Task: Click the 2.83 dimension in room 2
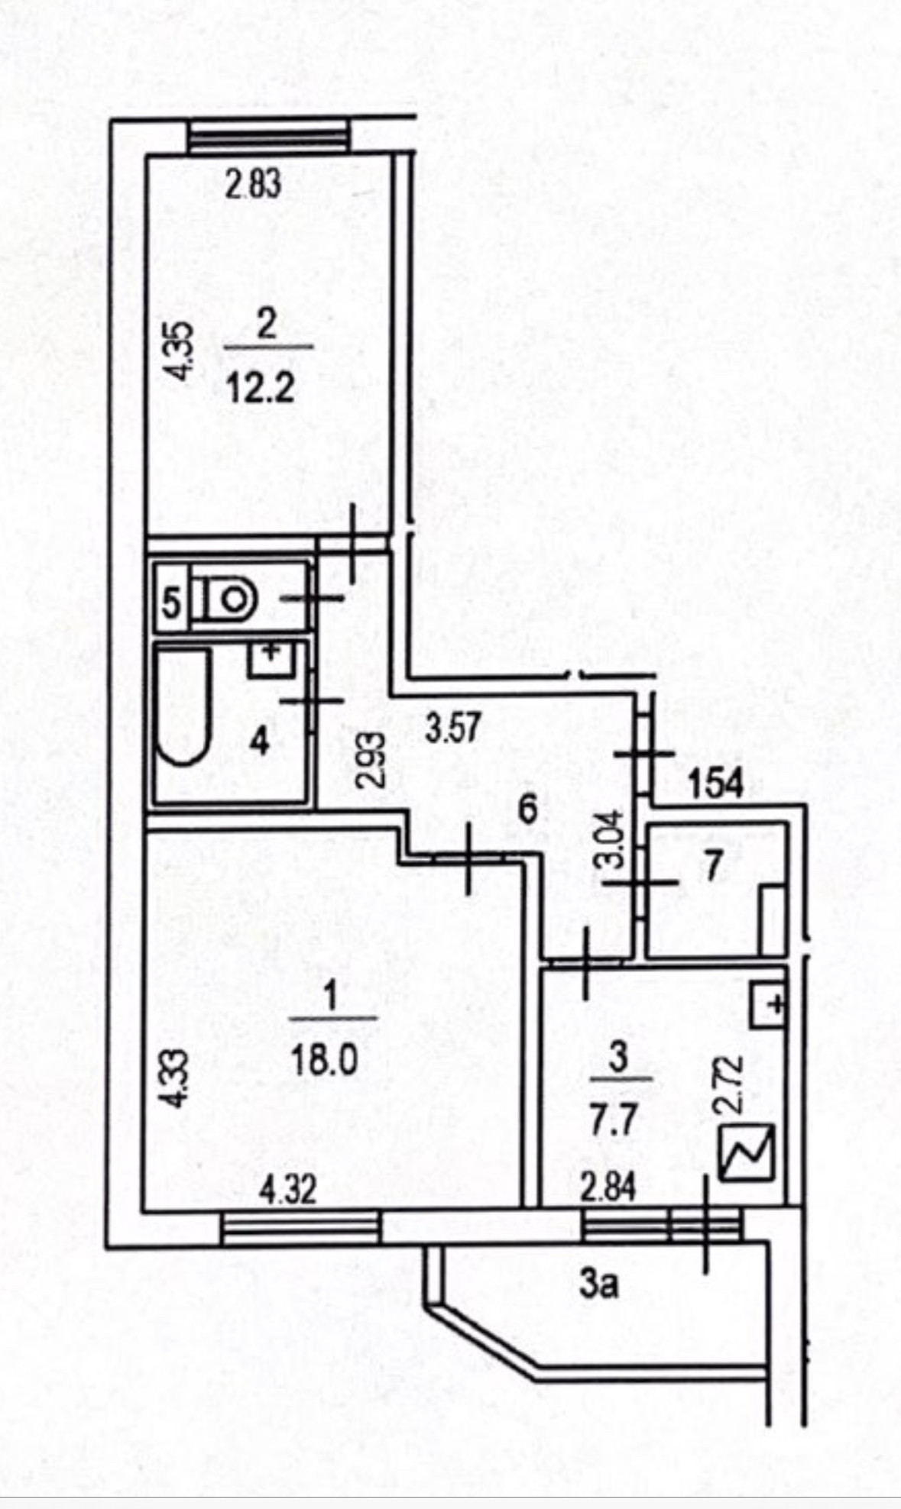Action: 254,185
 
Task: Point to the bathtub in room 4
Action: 182,706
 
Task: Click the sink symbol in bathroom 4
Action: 269,660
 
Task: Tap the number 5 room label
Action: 171,604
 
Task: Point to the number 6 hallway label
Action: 528,808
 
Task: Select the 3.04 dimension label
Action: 614,840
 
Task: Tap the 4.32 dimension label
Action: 287,1190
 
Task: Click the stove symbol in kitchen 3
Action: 747,1153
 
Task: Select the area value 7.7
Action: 614,1123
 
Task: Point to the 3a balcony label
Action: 598,1284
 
